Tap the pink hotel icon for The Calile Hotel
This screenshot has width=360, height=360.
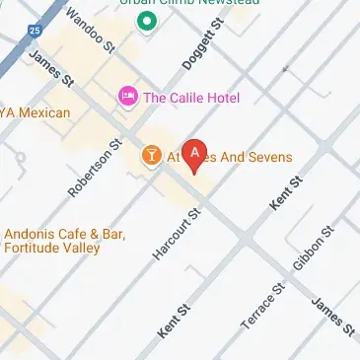point(127,96)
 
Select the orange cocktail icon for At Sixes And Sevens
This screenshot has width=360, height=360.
point(152,155)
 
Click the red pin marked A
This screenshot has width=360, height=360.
point(195,153)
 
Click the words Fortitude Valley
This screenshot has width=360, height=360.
point(51,249)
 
